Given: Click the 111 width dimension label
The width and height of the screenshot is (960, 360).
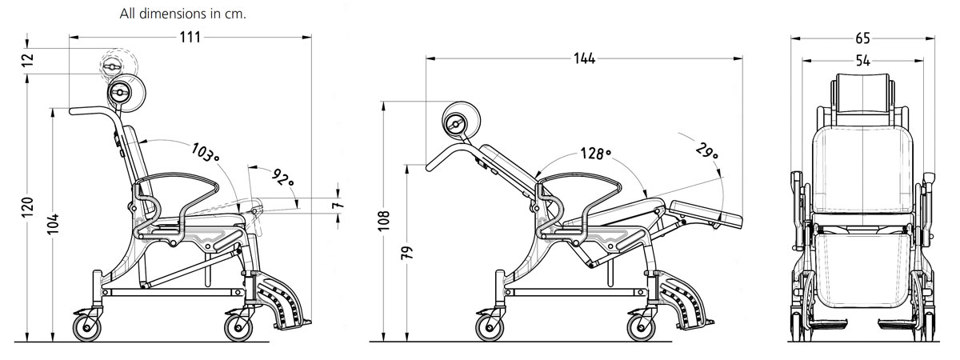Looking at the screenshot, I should click(190, 38).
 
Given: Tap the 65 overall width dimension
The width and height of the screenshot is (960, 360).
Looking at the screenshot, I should click(862, 38).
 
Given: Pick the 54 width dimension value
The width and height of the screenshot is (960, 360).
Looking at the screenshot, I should click(862, 60).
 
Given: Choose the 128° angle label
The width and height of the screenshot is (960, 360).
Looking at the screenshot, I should click(596, 154).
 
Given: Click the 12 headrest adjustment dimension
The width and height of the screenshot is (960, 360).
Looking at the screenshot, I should click(30, 61).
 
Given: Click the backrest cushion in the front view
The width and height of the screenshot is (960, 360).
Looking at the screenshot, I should click(863, 168).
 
